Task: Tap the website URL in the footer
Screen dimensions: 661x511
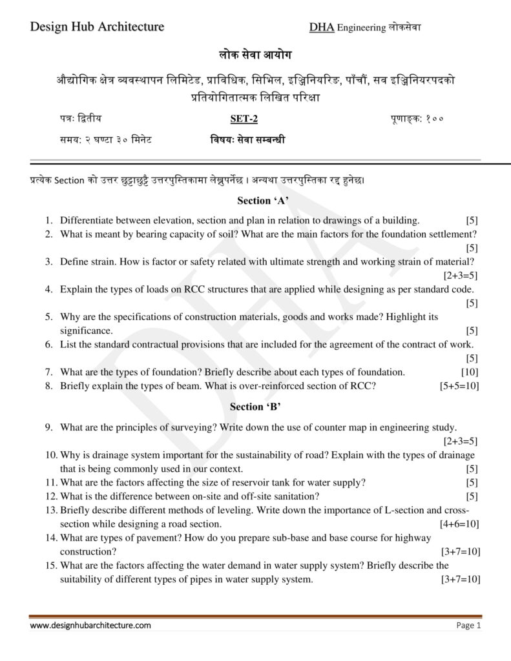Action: (90, 625)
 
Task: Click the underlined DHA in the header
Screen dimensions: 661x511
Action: (322, 27)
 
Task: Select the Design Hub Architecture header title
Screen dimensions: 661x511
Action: (97, 26)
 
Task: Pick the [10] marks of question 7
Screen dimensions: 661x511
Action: (470, 372)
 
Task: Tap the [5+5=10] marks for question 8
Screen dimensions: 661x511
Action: (459, 386)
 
